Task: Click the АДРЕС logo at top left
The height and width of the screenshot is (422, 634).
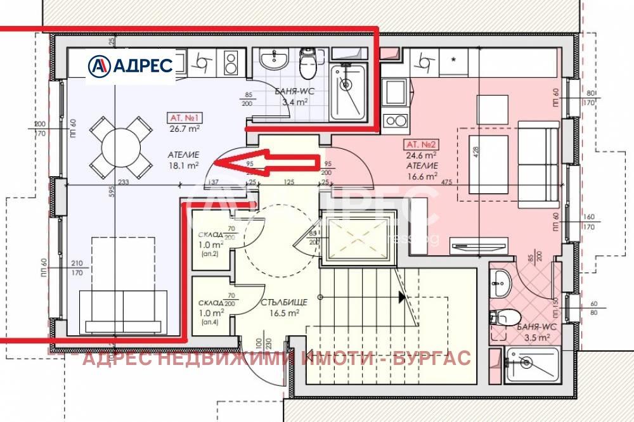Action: pos(131,65)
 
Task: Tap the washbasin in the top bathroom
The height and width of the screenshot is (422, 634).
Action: pos(275,61)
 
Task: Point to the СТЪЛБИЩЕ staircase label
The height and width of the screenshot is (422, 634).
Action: pos(283,303)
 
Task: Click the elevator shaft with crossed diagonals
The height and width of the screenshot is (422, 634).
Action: pos(358,239)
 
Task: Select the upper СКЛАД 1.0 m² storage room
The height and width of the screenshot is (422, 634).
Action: pos(210,240)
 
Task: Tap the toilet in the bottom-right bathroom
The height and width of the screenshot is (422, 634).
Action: pos(508,316)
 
